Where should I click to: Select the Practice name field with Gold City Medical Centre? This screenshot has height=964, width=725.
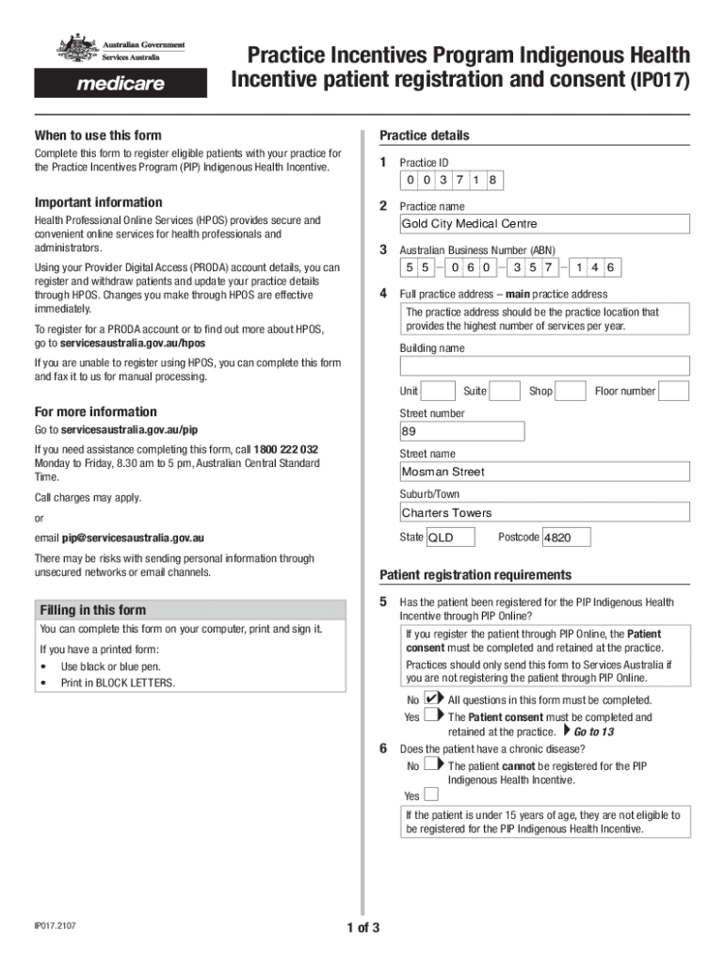pos(544,224)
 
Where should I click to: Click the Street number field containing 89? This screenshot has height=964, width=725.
pos(461,431)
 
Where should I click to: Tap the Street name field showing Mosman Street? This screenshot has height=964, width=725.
pos(544,472)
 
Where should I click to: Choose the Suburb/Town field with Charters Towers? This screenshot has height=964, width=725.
pos(544,513)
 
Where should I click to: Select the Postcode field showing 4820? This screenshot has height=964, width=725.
pos(567,538)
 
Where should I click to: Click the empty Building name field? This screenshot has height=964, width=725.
pos(544,366)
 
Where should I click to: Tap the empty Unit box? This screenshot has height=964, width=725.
pos(438,391)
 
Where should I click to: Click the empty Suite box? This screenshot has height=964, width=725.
pos(505,391)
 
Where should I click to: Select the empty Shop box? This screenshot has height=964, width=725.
pos(571,391)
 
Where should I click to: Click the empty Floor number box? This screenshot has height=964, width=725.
pos(673,391)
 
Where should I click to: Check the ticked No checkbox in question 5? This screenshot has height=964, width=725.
pos(431,699)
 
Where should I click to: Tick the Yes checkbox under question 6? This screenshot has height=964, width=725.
pos(431,795)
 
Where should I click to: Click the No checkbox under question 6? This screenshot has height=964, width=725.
pos(431,765)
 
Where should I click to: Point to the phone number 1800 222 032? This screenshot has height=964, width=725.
pos(285,449)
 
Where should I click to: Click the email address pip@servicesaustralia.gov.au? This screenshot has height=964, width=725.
pos(133,538)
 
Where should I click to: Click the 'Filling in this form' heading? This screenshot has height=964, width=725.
pos(92,610)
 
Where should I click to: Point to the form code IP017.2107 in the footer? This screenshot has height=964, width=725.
pos(56,926)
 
